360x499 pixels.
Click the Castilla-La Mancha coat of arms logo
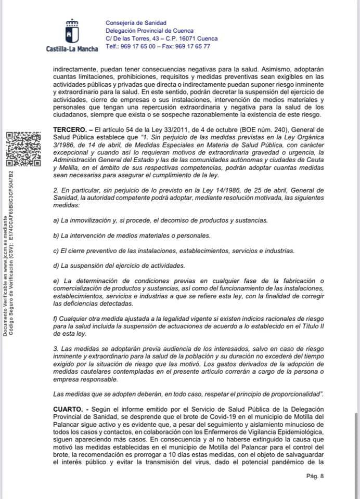click(x=71, y=31)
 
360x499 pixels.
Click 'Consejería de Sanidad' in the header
click(x=136, y=23)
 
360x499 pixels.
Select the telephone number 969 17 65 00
click(x=139, y=46)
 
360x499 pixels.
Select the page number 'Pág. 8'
click(x=316, y=475)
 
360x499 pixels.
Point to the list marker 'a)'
click(x=57, y=220)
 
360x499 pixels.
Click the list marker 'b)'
click(x=57, y=235)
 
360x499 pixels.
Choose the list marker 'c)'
click(x=57, y=251)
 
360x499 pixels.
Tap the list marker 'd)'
click(x=57, y=266)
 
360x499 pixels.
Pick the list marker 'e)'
click(x=57, y=281)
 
